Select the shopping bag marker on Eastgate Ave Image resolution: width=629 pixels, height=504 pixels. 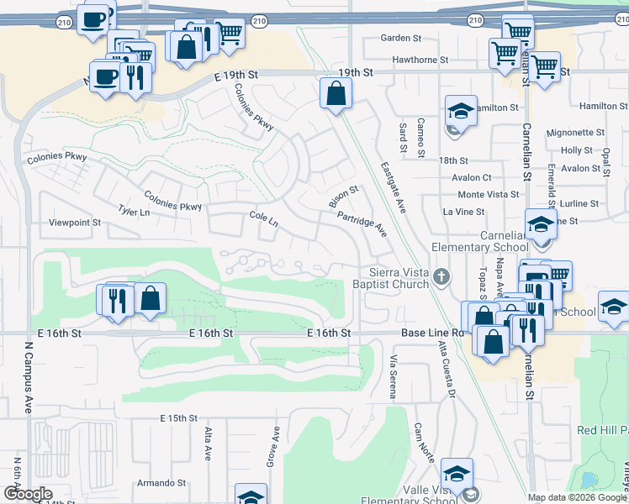pyautogui.click(x=336, y=95)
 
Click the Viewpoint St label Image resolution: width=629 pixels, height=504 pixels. pyautogui.click(x=75, y=223)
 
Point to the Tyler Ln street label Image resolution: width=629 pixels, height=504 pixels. pyautogui.click(x=134, y=212)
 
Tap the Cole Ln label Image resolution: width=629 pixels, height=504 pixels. pyautogui.click(x=263, y=218)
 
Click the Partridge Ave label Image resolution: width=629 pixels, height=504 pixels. pyautogui.click(x=362, y=222)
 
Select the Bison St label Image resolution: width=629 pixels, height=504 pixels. pyautogui.click(x=343, y=198)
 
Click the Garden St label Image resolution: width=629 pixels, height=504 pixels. pyautogui.click(x=400, y=38)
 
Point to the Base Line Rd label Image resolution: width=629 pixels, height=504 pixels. pyautogui.click(x=432, y=333)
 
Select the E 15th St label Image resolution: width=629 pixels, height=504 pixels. pyautogui.click(x=177, y=417)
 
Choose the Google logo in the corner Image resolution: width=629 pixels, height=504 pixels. pyautogui.click(x=28, y=494)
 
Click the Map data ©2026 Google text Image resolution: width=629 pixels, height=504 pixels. pyautogui.click(x=576, y=497)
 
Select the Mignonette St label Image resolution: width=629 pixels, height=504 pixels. pyautogui.click(x=570, y=133)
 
